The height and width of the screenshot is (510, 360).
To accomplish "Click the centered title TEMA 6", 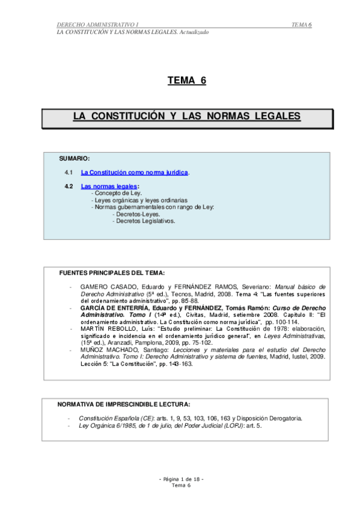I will [186, 81].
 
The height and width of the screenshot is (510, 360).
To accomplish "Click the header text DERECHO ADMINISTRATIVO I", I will [97, 25].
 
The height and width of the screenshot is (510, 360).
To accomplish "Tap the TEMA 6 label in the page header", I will [301, 25].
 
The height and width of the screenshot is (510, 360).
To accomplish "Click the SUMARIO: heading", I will [75, 158].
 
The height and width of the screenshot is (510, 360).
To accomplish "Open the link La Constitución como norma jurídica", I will [135, 173].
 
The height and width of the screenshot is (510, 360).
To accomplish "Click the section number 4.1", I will [69, 173].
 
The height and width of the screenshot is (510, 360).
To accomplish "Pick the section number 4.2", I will [69, 186].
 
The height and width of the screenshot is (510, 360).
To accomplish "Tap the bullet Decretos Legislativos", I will [144, 221].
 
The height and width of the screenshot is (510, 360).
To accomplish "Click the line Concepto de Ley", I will [117, 193].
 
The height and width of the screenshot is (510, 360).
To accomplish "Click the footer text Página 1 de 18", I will [182, 479].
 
